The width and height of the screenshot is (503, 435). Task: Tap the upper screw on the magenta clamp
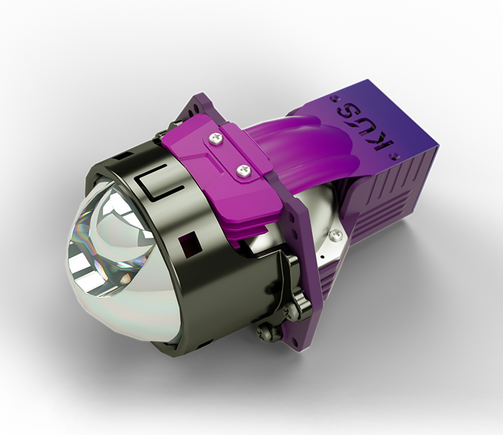click(214, 138)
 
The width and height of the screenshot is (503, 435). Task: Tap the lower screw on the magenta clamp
click(243, 170)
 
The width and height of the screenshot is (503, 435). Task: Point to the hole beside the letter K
click(394, 157)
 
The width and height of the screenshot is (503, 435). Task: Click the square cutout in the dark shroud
click(190, 243)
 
